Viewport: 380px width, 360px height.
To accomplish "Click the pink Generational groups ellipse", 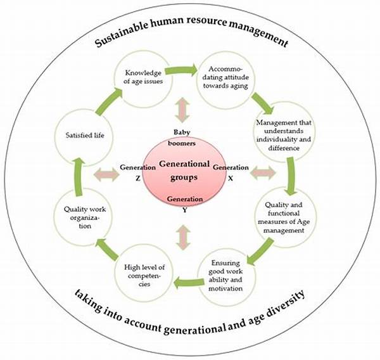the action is pos(184,170).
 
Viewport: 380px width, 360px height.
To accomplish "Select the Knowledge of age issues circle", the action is pos(143,79).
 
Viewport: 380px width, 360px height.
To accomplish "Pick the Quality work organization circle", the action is pos(83,217).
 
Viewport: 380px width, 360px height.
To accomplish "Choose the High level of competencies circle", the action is pos(144,273).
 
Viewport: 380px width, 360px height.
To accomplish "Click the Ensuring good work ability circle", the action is pos(226,276).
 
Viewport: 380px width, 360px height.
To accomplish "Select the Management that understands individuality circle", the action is pos(284,132).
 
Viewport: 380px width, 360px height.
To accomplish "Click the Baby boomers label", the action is pos(182,138).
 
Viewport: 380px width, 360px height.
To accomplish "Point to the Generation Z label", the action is pos(137,173).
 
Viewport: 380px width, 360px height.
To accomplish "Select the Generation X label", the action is pos(231,173).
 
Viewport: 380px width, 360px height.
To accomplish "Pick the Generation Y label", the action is pos(185,204).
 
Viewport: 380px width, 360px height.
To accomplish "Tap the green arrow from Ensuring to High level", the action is pos(189,283).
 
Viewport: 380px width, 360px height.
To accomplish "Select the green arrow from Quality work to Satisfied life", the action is pos(78,176).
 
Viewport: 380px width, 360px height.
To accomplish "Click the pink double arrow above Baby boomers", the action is pos(182,110).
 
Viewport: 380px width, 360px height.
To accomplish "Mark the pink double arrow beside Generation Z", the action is pos(106,174).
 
